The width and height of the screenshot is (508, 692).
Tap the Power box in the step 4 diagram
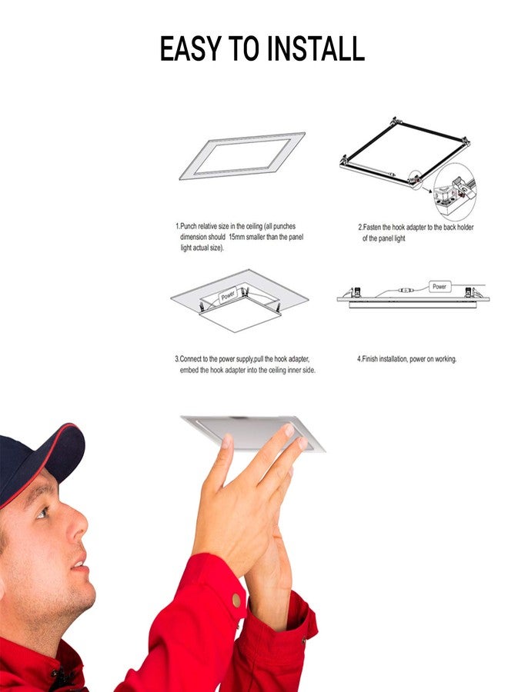tap(439, 287)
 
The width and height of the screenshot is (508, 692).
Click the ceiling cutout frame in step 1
tap(242, 156)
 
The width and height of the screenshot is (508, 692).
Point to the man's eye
tap(42, 511)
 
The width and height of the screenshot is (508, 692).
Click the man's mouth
tap(78, 565)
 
